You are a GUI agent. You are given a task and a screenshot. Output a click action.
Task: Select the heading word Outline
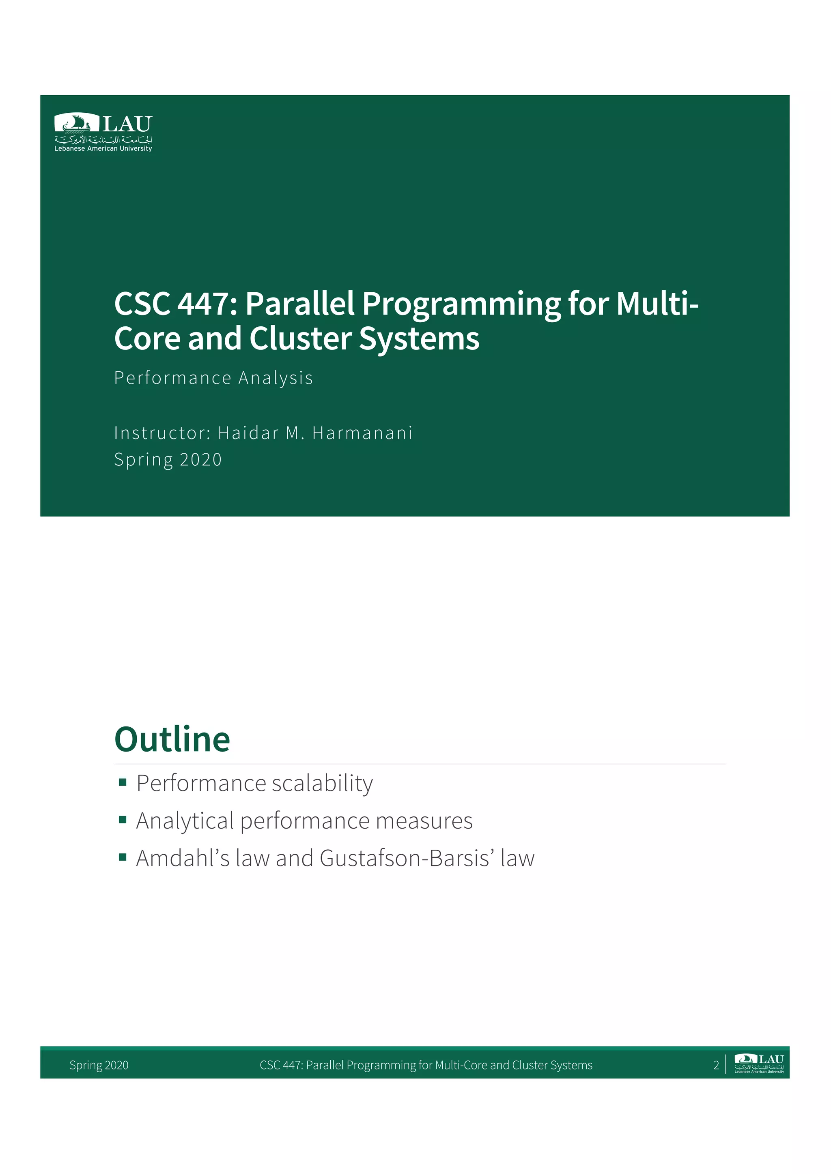172,739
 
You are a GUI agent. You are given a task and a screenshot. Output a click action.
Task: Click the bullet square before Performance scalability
122,782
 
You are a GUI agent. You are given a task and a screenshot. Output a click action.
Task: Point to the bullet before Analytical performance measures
122,820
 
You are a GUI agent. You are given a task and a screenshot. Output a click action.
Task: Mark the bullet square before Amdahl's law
122,857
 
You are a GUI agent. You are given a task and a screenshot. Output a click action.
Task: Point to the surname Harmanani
362,433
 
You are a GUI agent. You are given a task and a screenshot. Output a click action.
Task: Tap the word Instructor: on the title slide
162,433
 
